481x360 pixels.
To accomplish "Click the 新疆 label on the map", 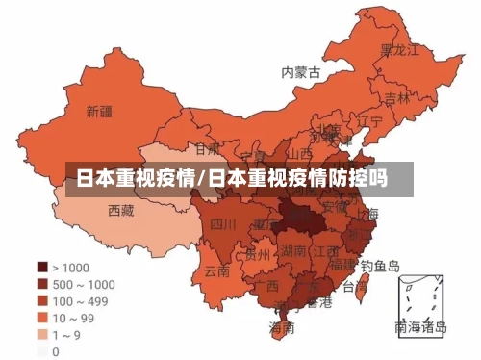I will pyautogui.click(x=99, y=112).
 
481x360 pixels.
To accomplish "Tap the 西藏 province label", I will pyautogui.click(x=120, y=210).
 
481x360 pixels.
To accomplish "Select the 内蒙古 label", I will pyautogui.click(x=300, y=72).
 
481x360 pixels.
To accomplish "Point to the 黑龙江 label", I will pyautogui.click(x=399, y=49).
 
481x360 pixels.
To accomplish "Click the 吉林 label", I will pyautogui.click(x=397, y=97).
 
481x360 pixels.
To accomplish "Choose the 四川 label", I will pyautogui.click(x=223, y=224).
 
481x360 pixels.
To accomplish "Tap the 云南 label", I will pyautogui.click(x=217, y=270).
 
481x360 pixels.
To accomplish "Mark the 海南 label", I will pyautogui.click(x=282, y=328).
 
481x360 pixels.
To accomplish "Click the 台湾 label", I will pyautogui.click(x=355, y=286).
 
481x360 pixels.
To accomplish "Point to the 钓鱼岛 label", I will pyautogui.click(x=380, y=265).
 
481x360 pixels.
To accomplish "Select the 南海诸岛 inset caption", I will pyautogui.click(x=420, y=327).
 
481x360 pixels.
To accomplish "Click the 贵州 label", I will pyautogui.click(x=258, y=255).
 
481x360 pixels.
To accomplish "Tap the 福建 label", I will pyautogui.click(x=342, y=262).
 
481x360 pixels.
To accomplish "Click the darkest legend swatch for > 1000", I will pyautogui.click(x=42, y=267).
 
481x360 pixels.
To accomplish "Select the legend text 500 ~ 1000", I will pyautogui.click(x=83, y=284).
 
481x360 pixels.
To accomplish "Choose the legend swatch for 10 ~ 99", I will pyautogui.click(x=42, y=318).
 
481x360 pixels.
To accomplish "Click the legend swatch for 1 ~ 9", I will pyautogui.click(x=42, y=335).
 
